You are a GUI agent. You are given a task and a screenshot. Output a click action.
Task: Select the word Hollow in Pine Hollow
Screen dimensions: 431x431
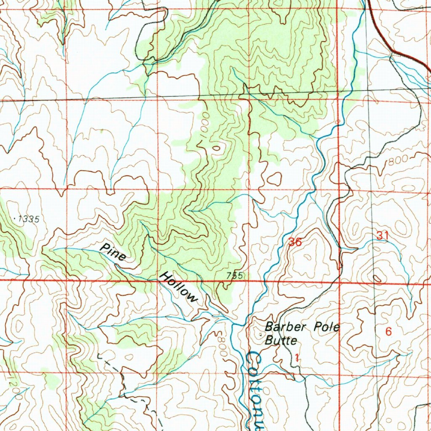click(178, 288)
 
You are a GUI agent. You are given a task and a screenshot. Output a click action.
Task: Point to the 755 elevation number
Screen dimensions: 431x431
click(234, 276)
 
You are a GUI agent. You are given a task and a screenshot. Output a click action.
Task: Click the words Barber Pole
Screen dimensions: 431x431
click(302, 327)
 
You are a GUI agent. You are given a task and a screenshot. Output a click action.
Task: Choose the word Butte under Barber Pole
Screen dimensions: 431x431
click(281, 341)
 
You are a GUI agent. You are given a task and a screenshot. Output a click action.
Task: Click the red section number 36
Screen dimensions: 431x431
click(295, 242)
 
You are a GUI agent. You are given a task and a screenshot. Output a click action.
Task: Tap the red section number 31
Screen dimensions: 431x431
click(382, 236)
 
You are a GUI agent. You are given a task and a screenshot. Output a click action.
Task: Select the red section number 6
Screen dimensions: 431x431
click(388, 332)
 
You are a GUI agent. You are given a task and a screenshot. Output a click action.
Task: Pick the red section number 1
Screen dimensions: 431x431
click(297, 359)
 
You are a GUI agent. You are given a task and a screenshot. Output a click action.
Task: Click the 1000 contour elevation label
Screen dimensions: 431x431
click(205, 122)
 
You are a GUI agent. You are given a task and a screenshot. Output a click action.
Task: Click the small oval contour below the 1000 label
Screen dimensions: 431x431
click(216, 148)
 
